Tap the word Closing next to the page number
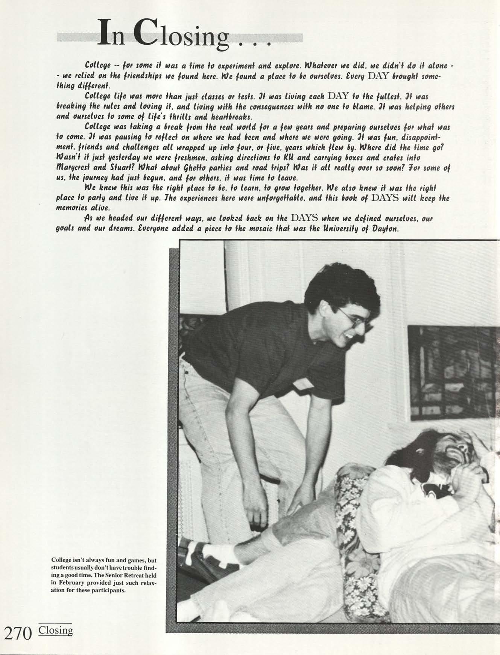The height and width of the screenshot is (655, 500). (56, 630)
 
